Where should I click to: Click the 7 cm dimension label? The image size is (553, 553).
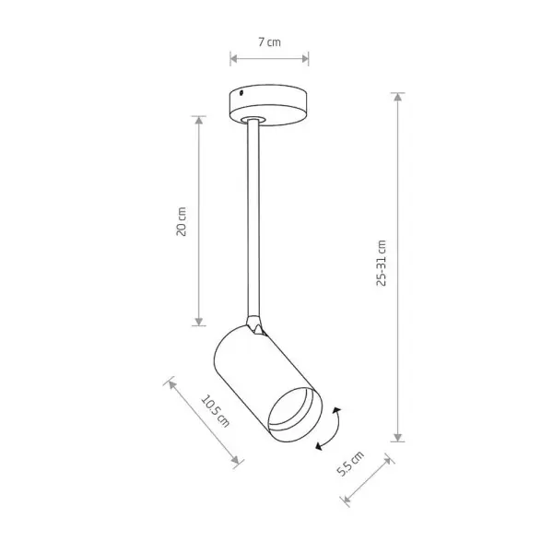click(x=269, y=42)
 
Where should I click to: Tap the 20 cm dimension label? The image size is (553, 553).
click(x=181, y=221)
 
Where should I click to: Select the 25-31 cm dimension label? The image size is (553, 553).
click(x=382, y=263)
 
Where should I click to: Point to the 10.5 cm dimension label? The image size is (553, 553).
click(x=216, y=410)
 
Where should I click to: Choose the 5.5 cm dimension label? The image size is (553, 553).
click(x=350, y=464)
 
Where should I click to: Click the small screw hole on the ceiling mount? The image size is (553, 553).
click(x=241, y=93)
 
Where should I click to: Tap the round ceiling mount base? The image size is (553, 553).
click(x=268, y=104)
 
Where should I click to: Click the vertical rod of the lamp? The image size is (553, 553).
click(x=254, y=218)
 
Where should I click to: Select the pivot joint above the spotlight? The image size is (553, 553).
click(x=255, y=325)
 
